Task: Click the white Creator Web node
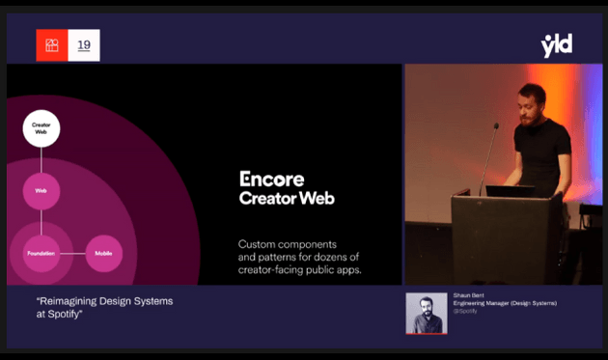pos(41,128)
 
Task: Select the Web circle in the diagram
pos(41,191)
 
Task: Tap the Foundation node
pos(41,253)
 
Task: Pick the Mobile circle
pos(104,253)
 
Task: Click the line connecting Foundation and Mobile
pos(73,253)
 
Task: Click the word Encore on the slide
pos(271,180)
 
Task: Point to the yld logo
pos(557,44)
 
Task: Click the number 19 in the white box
pos(84,45)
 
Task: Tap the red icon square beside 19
pos(52,45)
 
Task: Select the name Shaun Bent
pos(469,296)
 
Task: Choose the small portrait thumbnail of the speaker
pos(426,313)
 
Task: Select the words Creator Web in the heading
pos(287,198)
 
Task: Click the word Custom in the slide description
pos(257,244)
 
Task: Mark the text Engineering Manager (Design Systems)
pos(505,303)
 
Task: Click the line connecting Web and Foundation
pos(41,222)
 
